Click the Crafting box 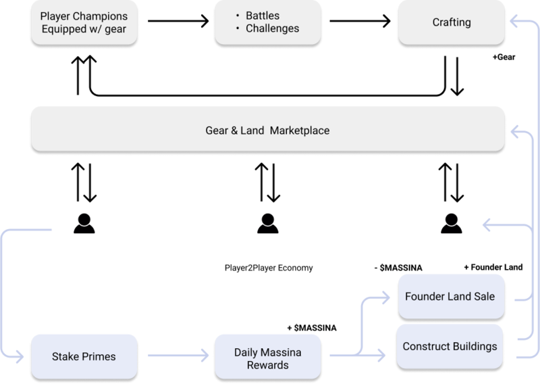[x=451, y=23]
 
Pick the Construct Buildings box [x=451, y=346]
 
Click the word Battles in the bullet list [x=263, y=16]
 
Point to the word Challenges [x=273, y=29]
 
